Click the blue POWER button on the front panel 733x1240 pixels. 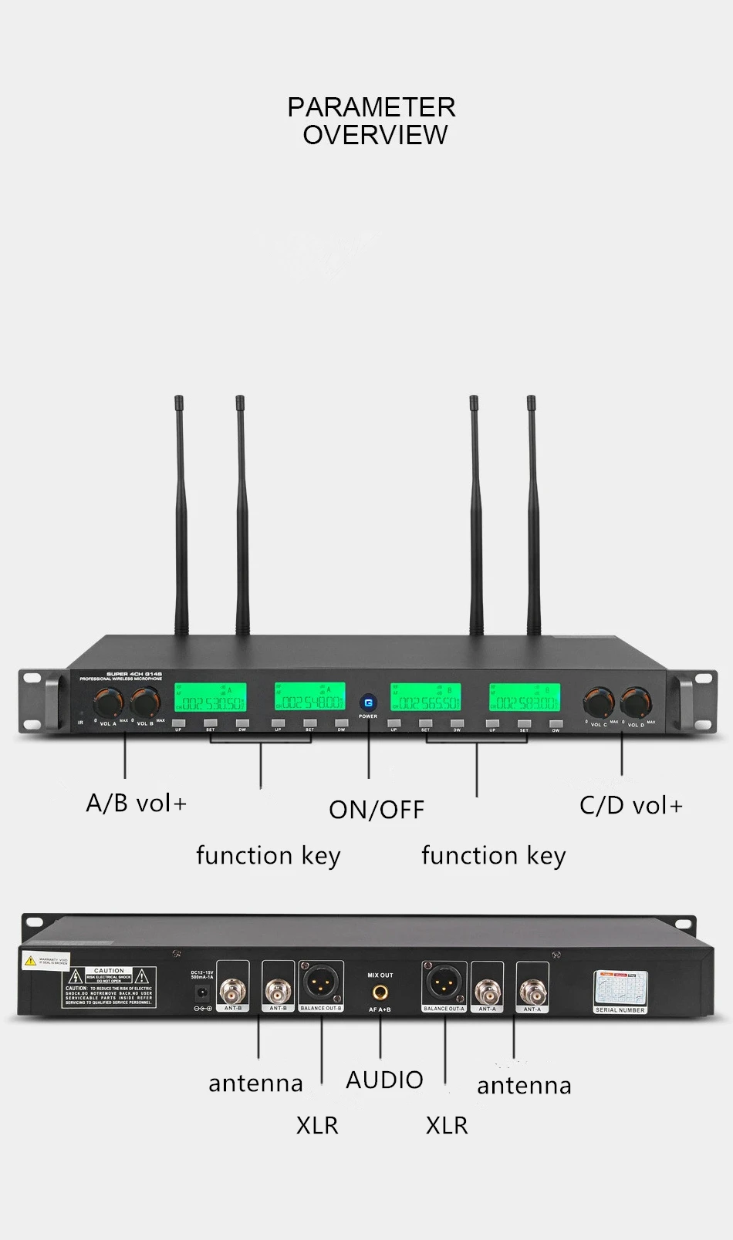pos(368,703)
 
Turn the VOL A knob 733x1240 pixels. pos(108,703)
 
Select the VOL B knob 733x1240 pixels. pos(145,703)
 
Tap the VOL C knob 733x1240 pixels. pos(597,703)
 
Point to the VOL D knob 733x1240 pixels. pos(634,703)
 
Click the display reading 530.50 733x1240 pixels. pos(211,699)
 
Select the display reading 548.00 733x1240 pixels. pos(309,699)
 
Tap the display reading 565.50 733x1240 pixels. pos(426,699)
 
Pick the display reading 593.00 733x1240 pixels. pos(525,699)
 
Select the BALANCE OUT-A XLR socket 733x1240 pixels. pos(444,983)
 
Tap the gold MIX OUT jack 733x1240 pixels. pos(380,992)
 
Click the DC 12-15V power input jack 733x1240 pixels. pos(203,993)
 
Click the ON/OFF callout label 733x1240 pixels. pos(377,810)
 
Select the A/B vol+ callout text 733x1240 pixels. pos(137,804)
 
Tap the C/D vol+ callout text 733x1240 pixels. pos(631,806)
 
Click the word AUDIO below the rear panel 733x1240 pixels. pos(384,1080)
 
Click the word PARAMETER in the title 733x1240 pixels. pos(371,107)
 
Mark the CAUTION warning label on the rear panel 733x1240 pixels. pos(109,987)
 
